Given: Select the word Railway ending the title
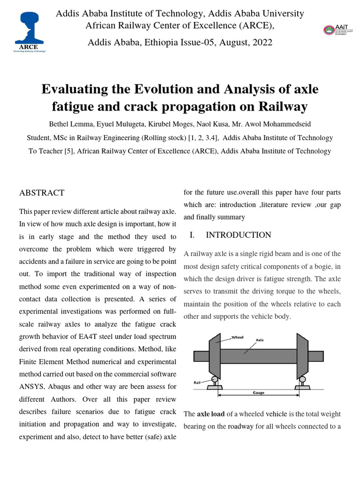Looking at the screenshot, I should (283, 107).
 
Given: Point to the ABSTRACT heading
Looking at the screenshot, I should (41, 193).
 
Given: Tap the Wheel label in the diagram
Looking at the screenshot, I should (239, 337).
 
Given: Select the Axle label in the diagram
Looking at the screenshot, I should (260, 340).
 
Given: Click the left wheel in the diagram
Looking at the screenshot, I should (215, 355).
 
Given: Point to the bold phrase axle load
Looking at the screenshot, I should (211, 414).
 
